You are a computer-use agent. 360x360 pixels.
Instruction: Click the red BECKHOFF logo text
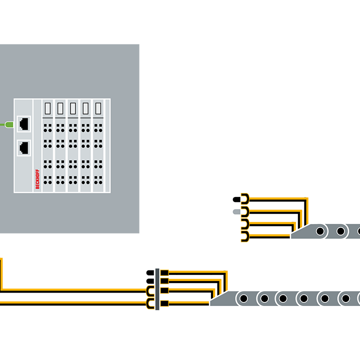click(37, 179)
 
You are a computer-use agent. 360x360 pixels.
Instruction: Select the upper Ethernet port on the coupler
click(23, 123)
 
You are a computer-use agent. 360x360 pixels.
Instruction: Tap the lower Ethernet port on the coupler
click(23, 147)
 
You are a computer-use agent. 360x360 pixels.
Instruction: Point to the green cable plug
click(8, 123)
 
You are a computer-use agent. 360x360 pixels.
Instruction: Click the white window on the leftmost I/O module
click(48, 108)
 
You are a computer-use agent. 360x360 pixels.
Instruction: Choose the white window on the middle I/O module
click(73, 108)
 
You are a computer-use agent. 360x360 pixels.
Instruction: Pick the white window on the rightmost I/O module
click(98, 108)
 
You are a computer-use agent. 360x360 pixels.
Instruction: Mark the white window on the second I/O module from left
click(60, 108)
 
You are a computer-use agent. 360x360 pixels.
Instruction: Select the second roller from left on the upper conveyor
click(341, 231)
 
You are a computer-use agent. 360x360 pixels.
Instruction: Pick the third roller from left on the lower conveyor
click(283, 298)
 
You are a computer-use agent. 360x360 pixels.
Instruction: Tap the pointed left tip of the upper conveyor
click(293, 235)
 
